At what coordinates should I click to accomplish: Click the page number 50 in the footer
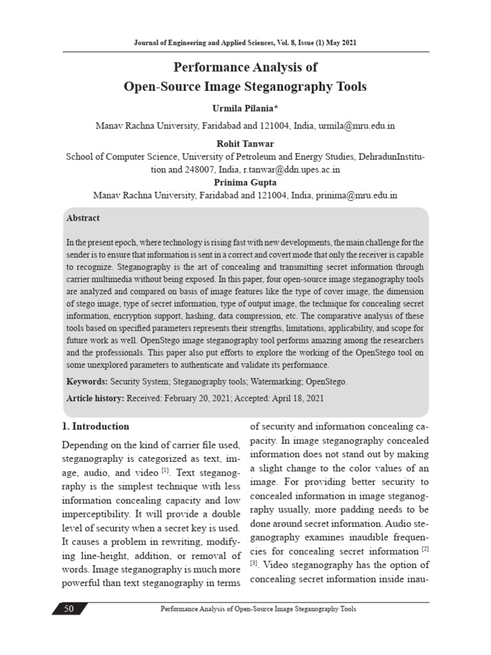pos(69,609)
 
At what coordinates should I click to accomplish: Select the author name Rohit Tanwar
pos(245,144)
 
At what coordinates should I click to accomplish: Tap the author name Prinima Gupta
pos(245,182)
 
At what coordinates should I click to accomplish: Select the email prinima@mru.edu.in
pos(356,195)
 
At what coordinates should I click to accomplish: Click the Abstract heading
pos(83,218)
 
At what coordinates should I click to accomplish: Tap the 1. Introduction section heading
pos(95,426)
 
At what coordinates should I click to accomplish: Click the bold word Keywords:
pos(87,382)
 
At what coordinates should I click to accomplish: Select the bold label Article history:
pos(96,398)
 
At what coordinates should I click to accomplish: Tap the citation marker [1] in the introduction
pos(165,471)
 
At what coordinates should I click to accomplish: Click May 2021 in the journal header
pos(339,42)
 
